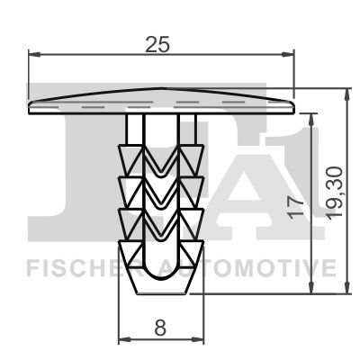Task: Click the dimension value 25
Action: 157,44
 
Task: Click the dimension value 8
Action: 160,327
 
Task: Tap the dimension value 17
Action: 295,207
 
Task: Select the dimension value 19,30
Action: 335,193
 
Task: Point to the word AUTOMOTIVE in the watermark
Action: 247,268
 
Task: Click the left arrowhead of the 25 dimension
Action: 34,54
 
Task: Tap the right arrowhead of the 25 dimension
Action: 288,54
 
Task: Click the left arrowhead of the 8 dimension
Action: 125,339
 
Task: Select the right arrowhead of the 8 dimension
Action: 198,339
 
